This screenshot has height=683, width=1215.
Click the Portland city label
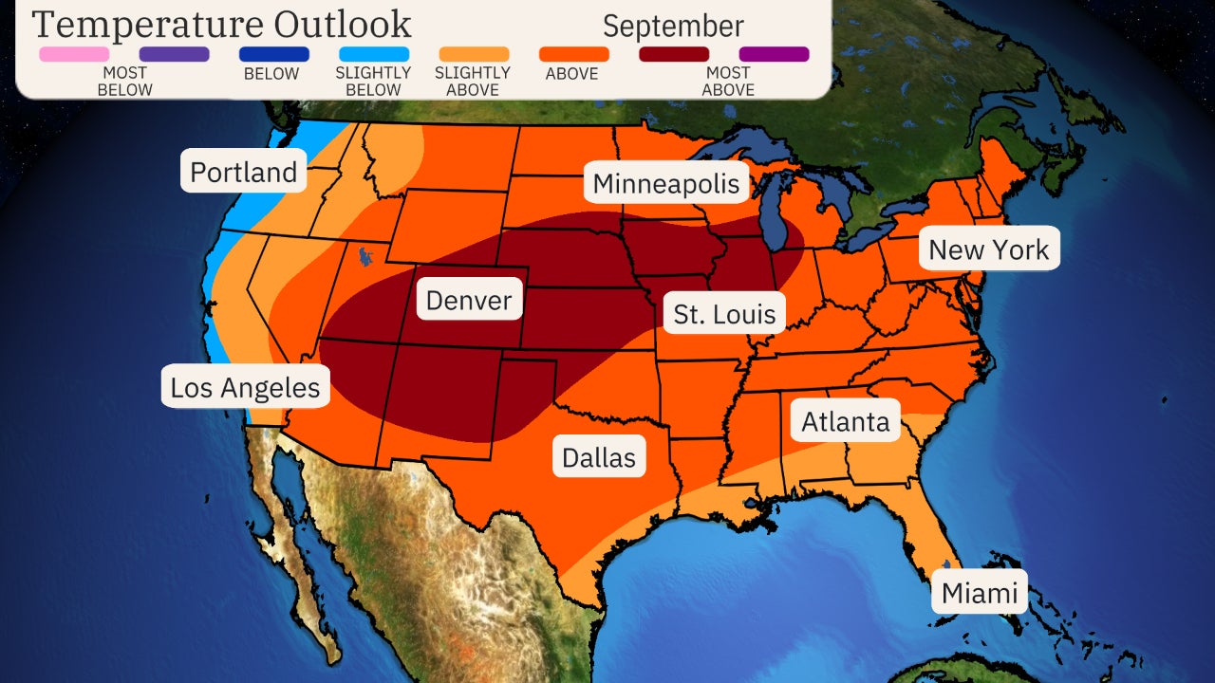pyautogui.click(x=244, y=172)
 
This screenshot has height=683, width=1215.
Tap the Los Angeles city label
pyautogui.click(x=245, y=387)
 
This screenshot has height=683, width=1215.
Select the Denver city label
pyautogui.click(x=469, y=301)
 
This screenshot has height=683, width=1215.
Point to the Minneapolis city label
pyautogui.click(x=665, y=183)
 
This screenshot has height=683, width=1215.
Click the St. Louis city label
pyautogui.click(x=724, y=313)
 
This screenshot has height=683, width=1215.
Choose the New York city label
pyautogui.click(x=988, y=249)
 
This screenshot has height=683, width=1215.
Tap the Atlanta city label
pyautogui.click(x=846, y=421)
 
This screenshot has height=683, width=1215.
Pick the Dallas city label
pyautogui.click(x=598, y=457)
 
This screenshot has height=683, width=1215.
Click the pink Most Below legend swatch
pyautogui.click(x=74, y=54)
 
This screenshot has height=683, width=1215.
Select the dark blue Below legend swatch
pyautogui.click(x=274, y=54)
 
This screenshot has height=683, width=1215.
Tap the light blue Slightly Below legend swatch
pyautogui.click(x=374, y=54)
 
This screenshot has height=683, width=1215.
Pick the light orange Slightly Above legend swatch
pyautogui.click(x=474, y=54)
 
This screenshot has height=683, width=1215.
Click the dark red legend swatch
pyautogui.click(x=674, y=54)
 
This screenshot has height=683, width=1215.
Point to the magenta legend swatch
pyautogui.click(x=774, y=54)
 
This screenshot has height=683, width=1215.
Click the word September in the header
pyautogui.click(x=673, y=26)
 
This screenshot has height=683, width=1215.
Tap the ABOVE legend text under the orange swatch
pyautogui.click(x=573, y=74)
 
